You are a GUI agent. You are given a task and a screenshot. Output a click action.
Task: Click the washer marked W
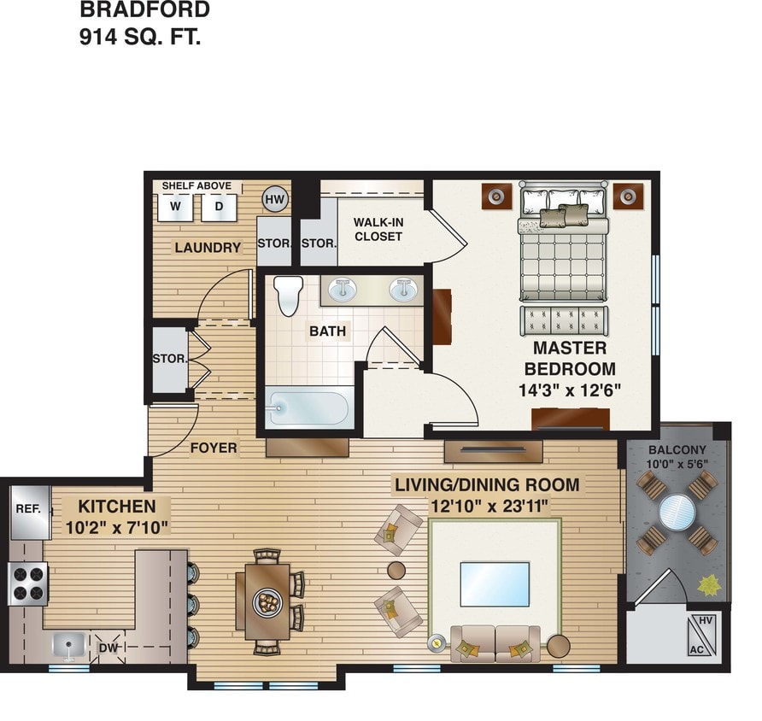175,206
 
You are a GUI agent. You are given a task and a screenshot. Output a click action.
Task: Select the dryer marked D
219,206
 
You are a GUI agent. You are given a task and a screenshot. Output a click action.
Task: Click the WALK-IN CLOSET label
378,229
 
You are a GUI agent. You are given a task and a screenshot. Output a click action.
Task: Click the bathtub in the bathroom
308,408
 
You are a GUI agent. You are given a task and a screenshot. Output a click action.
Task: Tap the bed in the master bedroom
563,248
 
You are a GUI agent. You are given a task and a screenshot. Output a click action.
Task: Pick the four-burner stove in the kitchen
27,584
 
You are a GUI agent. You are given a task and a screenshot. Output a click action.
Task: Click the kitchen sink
68,646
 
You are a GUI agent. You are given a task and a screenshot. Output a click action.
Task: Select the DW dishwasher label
108,648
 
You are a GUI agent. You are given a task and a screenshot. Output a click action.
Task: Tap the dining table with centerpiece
267,601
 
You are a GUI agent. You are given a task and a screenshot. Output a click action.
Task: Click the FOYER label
213,448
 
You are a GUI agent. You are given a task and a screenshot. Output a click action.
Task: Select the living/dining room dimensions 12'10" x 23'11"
486,506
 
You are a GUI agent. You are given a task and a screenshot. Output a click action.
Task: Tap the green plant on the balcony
708,587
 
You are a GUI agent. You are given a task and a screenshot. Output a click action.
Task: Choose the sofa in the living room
495,643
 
